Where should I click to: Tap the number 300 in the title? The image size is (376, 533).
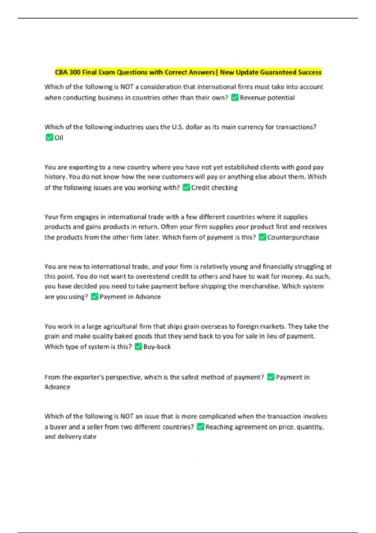pos(75,72)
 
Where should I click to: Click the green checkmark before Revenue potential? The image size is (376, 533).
pos(235,98)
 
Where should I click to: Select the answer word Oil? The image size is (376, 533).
pos(59,138)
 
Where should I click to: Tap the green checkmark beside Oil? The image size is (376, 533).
pos(49,137)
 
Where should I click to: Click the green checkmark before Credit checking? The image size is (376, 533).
pos(186,187)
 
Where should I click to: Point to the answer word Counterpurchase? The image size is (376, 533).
pos(293,237)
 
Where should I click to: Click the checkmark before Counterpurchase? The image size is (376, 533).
pos(262,237)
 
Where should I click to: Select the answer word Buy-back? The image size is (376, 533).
pos(157,347)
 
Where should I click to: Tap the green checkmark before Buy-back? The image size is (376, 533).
pos(138,346)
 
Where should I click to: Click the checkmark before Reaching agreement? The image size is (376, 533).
pos(201,427)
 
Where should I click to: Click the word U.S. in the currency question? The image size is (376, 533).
pos(178,127)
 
